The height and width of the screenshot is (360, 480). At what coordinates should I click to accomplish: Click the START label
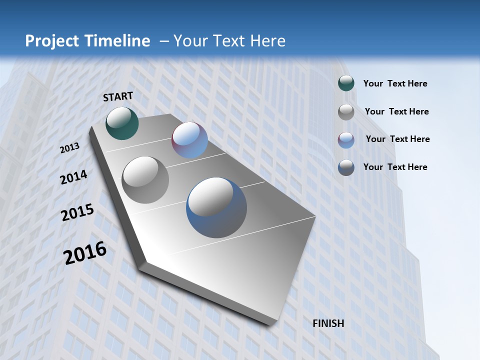pos(118,96)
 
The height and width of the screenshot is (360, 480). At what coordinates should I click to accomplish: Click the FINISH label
pos(328,323)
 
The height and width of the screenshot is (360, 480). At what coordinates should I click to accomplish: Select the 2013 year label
pos(70,148)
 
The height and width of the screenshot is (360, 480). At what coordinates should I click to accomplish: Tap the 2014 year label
pos(74,177)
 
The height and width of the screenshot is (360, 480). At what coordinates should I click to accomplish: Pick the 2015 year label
pos(77,212)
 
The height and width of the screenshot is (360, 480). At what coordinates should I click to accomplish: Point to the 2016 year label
pos(85,253)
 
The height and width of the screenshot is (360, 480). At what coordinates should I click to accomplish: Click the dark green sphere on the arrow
pos(122,123)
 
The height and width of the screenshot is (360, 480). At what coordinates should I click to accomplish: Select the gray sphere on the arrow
pos(145,180)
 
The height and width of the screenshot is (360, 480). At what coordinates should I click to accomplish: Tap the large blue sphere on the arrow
pos(216,207)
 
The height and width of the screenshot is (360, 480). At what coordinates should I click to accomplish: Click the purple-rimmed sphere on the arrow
pos(190,140)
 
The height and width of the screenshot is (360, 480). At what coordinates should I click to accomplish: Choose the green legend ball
pos(346,83)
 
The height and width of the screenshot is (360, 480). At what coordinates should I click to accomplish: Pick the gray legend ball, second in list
pos(346,112)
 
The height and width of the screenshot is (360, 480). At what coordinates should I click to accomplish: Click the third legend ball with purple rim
pos(346,140)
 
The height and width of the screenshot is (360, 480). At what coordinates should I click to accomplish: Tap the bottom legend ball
pos(346,167)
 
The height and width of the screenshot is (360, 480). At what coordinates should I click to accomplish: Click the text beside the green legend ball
pos(395,84)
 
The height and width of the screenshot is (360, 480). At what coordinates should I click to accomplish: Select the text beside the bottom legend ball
pos(395,167)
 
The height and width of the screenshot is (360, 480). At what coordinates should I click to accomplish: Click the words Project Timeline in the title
pos(87,41)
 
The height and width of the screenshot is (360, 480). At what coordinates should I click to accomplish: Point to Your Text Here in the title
pos(229,41)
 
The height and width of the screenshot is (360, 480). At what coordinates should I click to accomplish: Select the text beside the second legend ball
pos(396,111)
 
